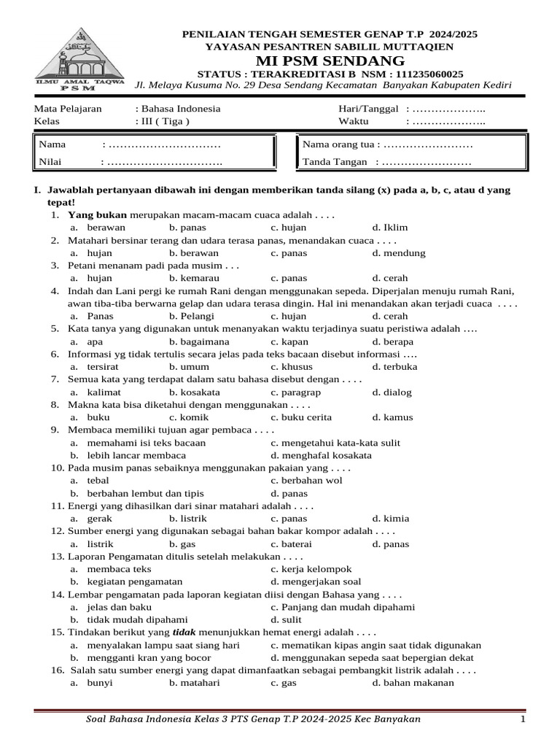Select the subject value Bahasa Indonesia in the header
(178, 109)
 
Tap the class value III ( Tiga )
(164, 121)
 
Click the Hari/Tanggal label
(368, 109)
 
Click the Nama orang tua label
(338, 144)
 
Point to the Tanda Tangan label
(335, 161)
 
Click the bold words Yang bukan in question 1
(97, 215)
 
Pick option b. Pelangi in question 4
(191, 316)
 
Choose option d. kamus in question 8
(392, 417)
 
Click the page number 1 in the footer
(523, 720)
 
